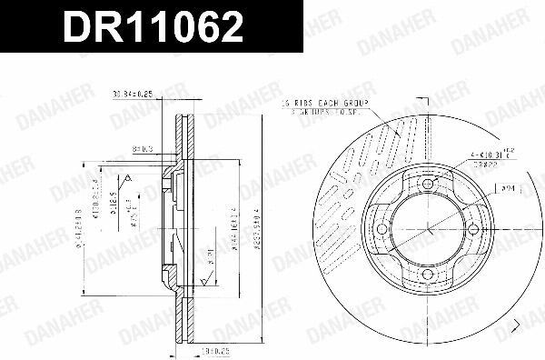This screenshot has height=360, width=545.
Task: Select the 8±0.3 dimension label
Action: tap(142, 146)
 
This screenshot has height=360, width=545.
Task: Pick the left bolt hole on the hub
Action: tap(383, 230)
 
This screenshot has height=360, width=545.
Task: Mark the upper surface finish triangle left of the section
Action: tap(130, 178)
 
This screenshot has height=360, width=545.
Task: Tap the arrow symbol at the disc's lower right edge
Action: tap(516, 325)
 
